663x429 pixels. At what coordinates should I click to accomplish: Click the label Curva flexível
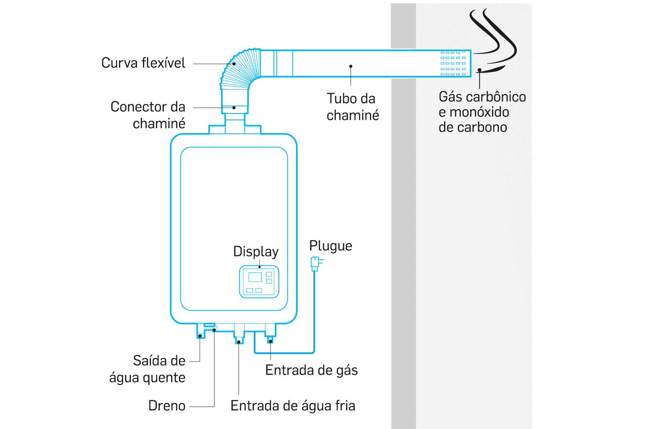coord(143,63)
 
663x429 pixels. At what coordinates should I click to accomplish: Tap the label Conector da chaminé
coord(148,115)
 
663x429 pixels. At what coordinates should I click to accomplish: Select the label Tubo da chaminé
coord(353,107)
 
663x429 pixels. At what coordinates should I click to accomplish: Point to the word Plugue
coord(331,246)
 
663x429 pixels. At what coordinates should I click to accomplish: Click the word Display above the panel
coord(256,252)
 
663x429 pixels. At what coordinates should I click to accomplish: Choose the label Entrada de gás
coord(312,370)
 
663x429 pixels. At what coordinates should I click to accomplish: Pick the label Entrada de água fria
coord(293,405)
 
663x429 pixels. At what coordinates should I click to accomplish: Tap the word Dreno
coord(167,405)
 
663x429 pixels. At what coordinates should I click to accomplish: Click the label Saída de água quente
coord(147,369)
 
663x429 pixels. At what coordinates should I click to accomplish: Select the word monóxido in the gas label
coord(479,112)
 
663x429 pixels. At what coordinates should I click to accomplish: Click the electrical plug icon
coord(316,264)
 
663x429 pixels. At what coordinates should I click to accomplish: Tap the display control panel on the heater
coord(259,282)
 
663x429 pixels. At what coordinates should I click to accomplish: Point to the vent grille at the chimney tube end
coord(453,64)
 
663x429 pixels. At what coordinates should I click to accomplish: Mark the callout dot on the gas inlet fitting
coord(270,342)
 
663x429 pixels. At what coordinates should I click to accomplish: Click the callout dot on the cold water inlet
coord(238,342)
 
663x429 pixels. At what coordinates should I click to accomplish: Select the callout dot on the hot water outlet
coord(200,336)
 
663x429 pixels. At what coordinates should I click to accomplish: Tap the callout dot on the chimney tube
coord(351,66)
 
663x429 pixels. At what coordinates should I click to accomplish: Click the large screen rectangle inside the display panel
coord(255,277)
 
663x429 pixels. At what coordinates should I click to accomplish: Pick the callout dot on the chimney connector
coord(234,108)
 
